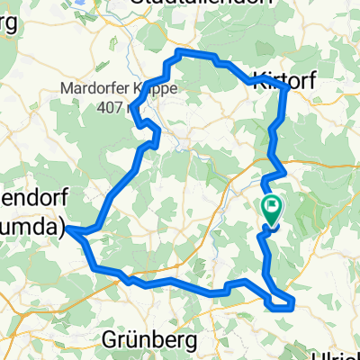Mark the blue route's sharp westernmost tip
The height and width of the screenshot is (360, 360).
pos(67,230)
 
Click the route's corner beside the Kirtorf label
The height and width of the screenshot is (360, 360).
pos(285,88)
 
